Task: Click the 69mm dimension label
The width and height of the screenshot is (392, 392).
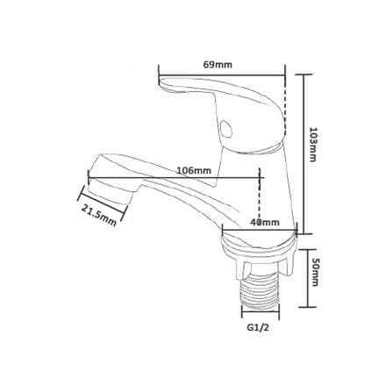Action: click(x=217, y=65)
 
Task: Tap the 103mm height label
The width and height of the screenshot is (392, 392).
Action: click(x=313, y=144)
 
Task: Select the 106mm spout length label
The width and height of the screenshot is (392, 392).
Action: click(x=194, y=170)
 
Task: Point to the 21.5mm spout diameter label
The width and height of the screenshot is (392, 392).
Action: click(x=99, y=216)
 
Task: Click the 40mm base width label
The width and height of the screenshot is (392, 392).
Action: click(x=265, y=223)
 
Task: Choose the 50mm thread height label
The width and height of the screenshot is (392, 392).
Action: click(x=314, y=273)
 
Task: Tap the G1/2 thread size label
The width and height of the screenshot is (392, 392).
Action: click(x=258, y=328)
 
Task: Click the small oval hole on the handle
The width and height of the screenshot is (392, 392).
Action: click(x=226, y=129)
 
